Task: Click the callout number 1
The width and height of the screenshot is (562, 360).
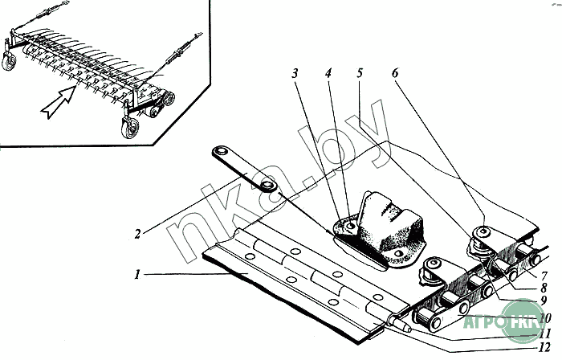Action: pos(138,274)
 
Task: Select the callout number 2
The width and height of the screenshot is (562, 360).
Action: pos(138,234)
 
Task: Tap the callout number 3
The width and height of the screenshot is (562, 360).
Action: pos(295,72)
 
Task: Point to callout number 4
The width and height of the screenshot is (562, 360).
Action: pos(328,72)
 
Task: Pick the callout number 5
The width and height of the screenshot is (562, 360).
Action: pos(360,72)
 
